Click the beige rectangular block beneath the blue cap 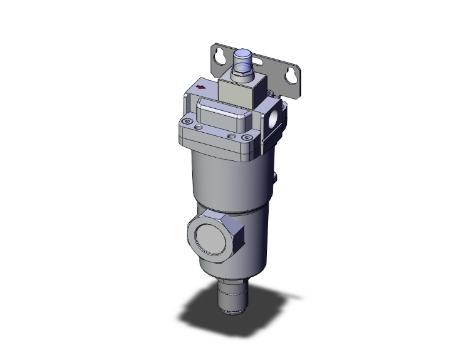[x=241, y=91]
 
